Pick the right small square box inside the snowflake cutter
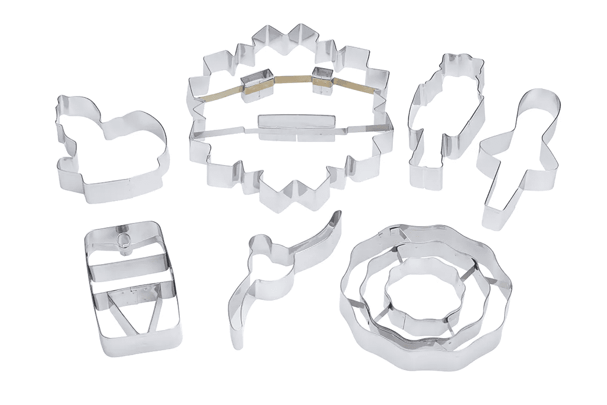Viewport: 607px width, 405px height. [x=322, y=79]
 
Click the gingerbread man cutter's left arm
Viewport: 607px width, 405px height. [x=490, y=151]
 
